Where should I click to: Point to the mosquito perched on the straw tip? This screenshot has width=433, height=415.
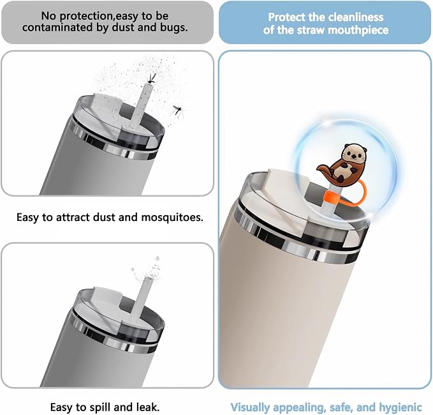[151, 78]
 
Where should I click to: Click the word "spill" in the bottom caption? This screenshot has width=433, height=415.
[101, 407]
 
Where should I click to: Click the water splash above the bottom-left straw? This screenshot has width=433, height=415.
[147, 271]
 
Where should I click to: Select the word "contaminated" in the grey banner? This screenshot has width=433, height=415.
[57, 27]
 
